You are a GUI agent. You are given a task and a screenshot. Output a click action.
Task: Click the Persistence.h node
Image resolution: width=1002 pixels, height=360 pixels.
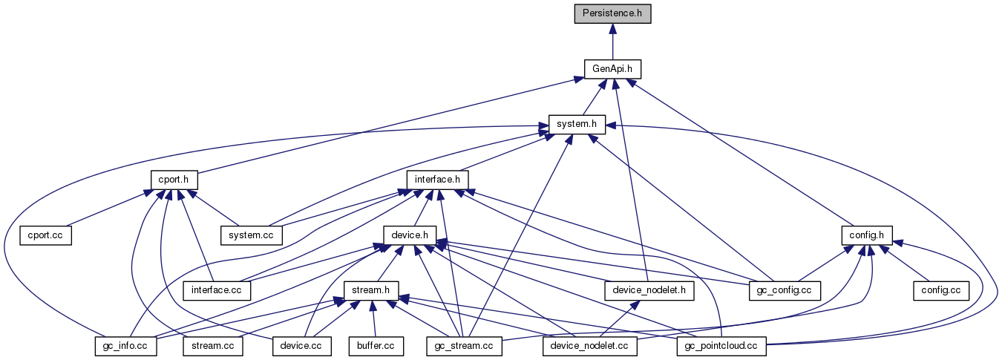click(612, 14)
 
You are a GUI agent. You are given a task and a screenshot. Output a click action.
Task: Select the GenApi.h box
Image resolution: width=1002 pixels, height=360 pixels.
click(612, 69)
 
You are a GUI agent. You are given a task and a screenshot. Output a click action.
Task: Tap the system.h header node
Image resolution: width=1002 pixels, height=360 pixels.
click(577, 124)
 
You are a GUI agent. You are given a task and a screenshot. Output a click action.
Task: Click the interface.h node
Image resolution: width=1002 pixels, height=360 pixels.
click(437, 180)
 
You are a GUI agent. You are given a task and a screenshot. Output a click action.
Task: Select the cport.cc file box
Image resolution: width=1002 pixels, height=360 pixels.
click(45, 235)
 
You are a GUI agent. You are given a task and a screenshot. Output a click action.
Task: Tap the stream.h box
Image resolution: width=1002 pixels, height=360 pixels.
click(371, 289)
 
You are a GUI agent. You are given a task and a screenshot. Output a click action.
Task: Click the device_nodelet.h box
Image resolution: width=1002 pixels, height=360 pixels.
click(649, 289)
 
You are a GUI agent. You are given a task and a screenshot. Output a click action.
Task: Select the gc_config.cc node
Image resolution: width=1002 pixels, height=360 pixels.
click(785, 289)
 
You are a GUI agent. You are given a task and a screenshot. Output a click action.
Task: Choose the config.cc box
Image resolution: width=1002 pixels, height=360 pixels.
click(940, 289)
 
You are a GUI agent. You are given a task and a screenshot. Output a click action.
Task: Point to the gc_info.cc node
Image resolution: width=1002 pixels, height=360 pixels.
click(125, 345)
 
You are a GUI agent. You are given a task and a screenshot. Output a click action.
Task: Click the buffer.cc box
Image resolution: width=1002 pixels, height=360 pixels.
click(376, 345)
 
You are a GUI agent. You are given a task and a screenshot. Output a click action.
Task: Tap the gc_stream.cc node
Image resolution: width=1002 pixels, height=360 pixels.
click(465, 345)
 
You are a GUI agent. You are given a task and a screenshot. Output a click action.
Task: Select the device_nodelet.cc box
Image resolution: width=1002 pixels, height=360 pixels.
click(590, 345)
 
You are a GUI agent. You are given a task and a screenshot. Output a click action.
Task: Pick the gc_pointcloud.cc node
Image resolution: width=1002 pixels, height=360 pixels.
click(721, 345)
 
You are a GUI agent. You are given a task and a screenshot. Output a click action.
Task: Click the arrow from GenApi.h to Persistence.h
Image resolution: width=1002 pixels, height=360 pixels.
click(612, 42)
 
